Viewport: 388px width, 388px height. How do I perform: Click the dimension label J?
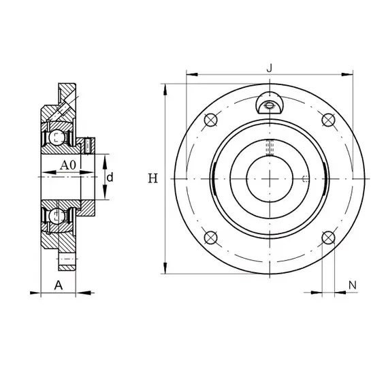pyautogui.click(x=270, y=68)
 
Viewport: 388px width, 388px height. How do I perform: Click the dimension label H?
pyautogui.click(x=152, y=178)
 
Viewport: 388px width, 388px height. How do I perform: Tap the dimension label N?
pyautogui.click(x=353, y=285)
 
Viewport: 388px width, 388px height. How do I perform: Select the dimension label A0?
pyautogui.click(x=68, y=165)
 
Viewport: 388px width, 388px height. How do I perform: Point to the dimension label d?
pyautogui.click(x=110, y=177)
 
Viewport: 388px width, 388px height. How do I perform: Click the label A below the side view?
pyautogui.click(x=59, y=285)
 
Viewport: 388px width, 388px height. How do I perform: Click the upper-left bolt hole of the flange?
pyautogui.click(x=210, y=120)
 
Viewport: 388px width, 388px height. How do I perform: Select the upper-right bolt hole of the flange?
pyautogui.click(x=328, y=120)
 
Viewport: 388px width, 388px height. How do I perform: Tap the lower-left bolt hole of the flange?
pyautogui.click(x=210, y=238)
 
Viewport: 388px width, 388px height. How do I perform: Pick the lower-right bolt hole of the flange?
pyautogui.click(x=328, y=238)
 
